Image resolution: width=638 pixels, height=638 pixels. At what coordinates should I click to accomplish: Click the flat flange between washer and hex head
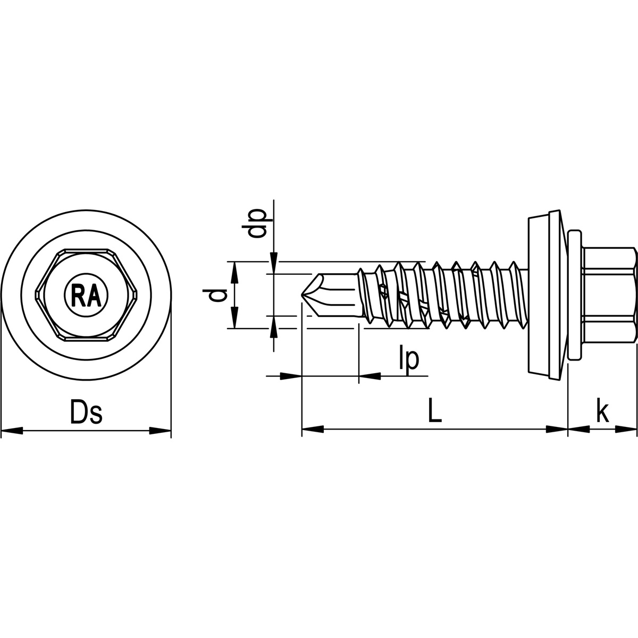point(574,295)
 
